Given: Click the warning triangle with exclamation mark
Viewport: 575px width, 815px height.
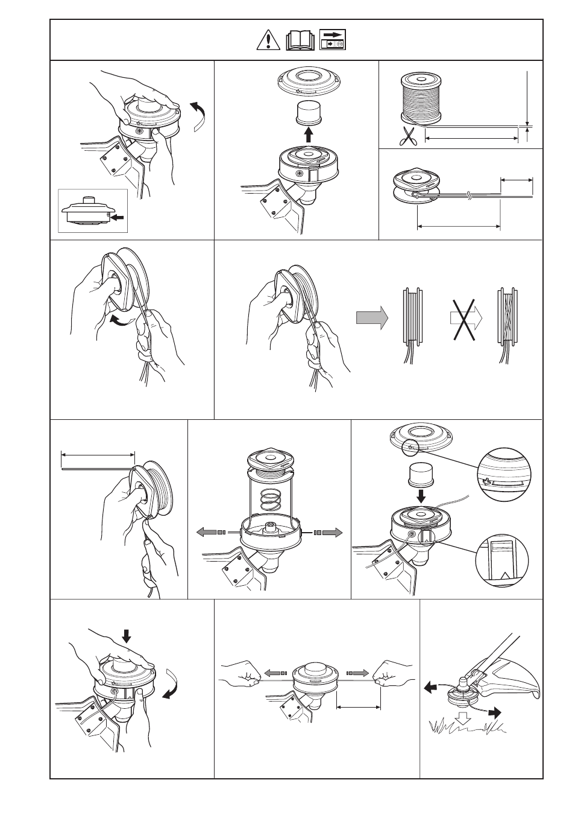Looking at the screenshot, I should coord(265,40).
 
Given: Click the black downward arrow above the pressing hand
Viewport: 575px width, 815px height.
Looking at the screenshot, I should coord(126,635).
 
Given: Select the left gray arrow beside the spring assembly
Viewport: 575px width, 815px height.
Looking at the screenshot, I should coord(210,532).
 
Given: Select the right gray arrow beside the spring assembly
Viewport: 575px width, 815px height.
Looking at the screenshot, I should coord(331,532).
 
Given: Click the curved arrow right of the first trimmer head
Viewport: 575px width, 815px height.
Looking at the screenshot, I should coord(198,114).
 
